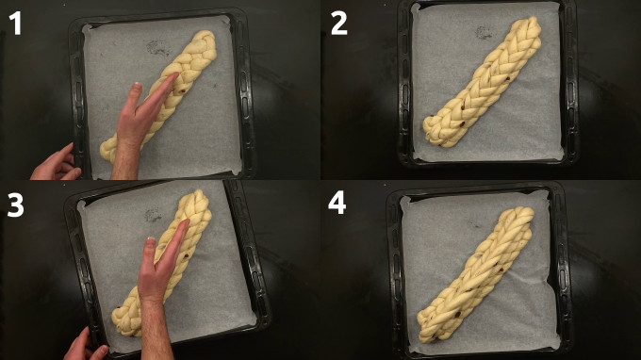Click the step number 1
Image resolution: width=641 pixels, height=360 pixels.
pos(15,23)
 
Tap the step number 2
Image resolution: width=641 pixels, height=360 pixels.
pos(339,23)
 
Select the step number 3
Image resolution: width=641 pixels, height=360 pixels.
pos(15,205)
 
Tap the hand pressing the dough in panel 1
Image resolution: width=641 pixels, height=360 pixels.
pos(141,123)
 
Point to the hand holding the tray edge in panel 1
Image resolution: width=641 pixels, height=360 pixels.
pos(56,163)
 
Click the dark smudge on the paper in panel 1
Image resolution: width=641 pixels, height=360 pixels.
pos(158,48)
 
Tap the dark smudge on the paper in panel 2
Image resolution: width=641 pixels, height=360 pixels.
pos(484,32)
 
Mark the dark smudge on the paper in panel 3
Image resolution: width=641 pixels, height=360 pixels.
pos(153,214)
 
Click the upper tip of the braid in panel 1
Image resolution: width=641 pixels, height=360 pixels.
pos(207,35)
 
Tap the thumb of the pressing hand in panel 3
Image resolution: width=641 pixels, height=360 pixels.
pos(148,252)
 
